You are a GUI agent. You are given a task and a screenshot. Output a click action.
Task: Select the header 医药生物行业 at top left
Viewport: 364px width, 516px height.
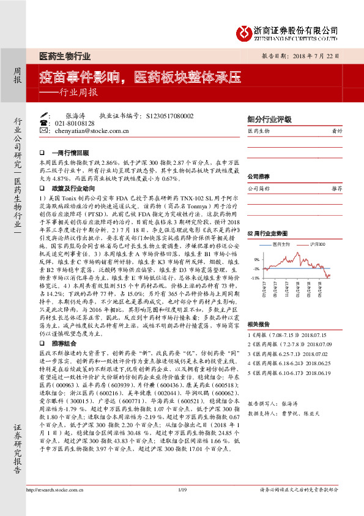click(64, 56)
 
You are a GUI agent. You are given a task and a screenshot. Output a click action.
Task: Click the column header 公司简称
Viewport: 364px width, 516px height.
click(260, 189)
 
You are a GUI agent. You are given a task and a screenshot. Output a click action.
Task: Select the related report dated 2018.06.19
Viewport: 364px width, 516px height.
click(321, 371)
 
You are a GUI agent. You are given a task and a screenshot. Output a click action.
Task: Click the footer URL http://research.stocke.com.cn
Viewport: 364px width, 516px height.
click(57, 507)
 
